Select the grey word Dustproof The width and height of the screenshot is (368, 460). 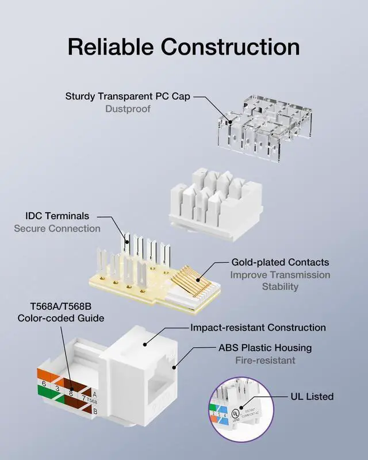click(x=128, y=108)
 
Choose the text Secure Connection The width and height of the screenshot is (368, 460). click(x=57, y=228)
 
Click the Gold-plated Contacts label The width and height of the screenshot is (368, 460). click(x=280, y=262)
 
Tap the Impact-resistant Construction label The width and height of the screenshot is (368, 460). click(x=258, y=328)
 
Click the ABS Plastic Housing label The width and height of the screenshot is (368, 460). click(x=265, y=348)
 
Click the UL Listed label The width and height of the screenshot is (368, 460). click(x=312, y=397)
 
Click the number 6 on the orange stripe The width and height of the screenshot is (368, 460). click(x=44, y=384)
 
